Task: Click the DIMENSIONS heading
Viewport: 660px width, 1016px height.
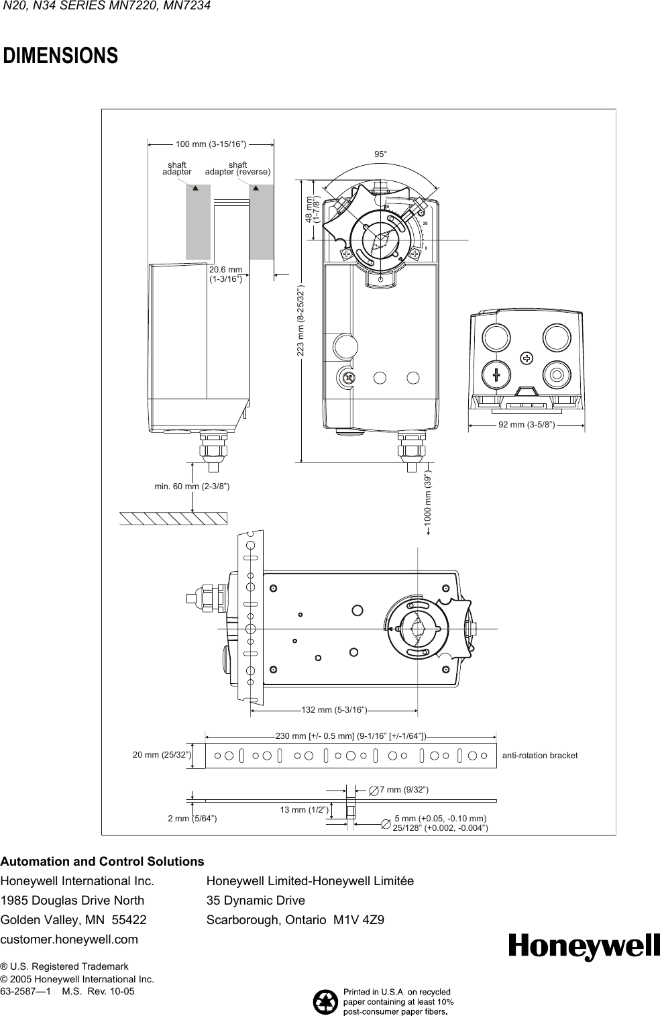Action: point(61,56)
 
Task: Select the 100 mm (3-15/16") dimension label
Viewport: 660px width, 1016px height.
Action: point(211,143)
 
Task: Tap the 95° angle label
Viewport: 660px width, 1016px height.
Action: point(380,154)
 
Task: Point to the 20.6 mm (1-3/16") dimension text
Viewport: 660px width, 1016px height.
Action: point(225,274)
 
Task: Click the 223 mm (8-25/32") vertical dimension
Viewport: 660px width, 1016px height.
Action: point(301,322)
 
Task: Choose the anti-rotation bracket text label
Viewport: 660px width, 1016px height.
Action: point(540,756)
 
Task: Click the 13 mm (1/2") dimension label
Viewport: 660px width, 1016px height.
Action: point(303,810)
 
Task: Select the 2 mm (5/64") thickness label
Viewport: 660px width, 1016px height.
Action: point(192,819)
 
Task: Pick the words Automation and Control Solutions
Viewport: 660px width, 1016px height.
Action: point(103,861)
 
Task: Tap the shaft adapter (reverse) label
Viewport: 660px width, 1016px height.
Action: point(237,168)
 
